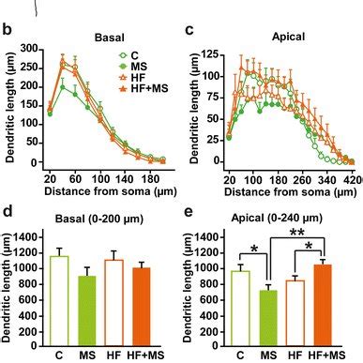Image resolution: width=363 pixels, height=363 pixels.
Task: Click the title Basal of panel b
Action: coord(111,38)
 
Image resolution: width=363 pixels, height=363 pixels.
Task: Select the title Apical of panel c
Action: coord(287,38)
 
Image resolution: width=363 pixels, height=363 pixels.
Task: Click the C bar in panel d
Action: coord(60,299)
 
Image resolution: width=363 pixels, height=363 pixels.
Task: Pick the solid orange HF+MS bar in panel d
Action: coord(139,305)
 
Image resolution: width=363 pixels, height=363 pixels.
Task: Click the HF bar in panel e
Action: coord(294,310)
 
